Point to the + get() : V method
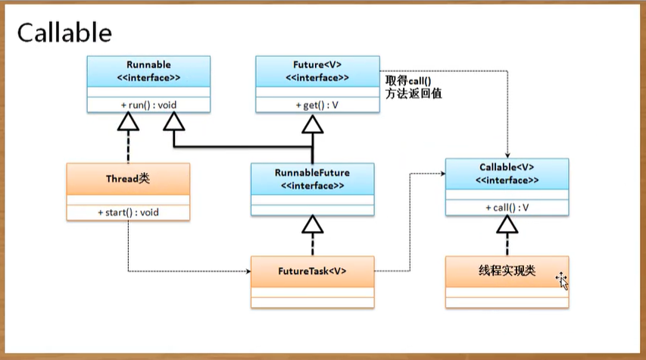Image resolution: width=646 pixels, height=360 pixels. click(317, 105)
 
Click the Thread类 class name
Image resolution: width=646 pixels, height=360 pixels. click(127, 180)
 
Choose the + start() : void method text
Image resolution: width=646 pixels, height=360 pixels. click(127, 213)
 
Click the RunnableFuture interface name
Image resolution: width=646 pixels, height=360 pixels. click(312, 173)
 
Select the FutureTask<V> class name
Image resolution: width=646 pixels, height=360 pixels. click(312, 269)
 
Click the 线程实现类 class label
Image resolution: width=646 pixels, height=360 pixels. click(507, 271)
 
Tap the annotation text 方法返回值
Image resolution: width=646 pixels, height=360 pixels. click(414, 93)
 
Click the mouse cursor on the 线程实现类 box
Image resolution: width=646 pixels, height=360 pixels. click(562, 281)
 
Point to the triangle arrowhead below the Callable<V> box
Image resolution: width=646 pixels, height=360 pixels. click(507, 223)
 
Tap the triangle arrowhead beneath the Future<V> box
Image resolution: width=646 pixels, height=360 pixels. click(313, 121)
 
